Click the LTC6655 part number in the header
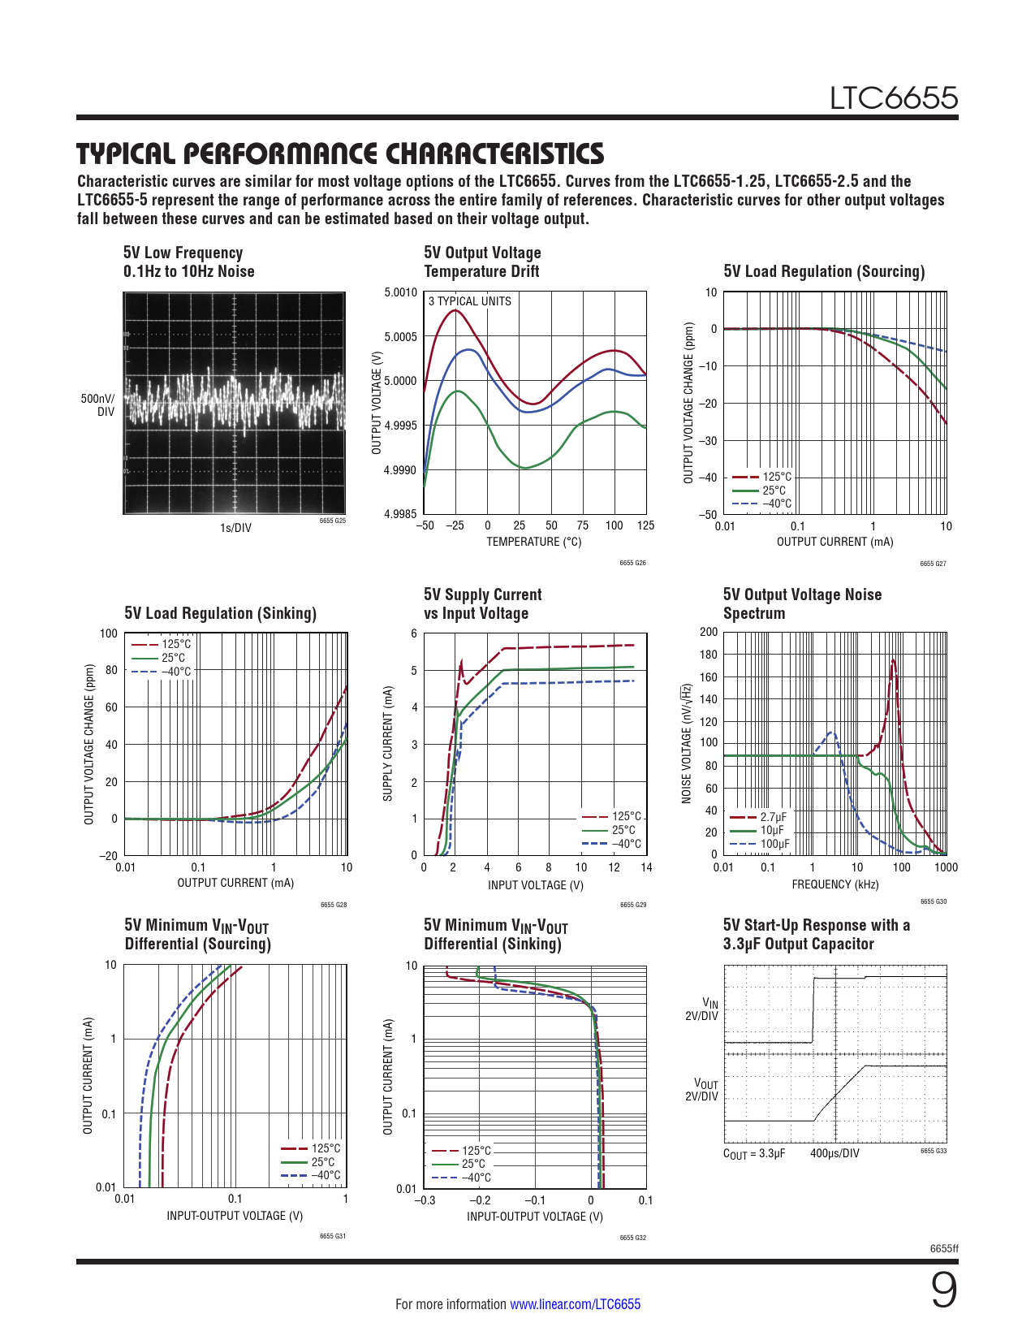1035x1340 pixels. (893, 98)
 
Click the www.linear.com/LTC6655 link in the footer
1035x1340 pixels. (575, 1304)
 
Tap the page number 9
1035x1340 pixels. (943, 1291)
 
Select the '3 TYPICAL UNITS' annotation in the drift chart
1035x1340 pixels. (469, 301)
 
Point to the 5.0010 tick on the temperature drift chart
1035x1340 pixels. (400, 292)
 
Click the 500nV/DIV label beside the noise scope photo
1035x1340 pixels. (98, 405)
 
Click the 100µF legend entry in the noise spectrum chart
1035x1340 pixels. (774, 844)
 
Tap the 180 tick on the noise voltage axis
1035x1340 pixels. (709, 655)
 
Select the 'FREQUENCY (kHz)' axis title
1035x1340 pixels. (834, 884)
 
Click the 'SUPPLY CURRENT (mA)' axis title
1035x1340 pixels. (388, 743)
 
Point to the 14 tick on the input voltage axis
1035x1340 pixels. (646, 867)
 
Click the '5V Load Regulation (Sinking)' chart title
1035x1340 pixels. (220, 613)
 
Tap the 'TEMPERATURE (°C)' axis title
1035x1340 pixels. (533, 542)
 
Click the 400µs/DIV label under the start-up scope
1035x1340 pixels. (834, 1153)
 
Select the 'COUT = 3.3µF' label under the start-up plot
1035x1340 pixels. (754, 1153)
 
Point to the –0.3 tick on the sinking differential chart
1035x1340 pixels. (425, 1200)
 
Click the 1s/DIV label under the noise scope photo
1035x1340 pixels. (235, 528)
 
